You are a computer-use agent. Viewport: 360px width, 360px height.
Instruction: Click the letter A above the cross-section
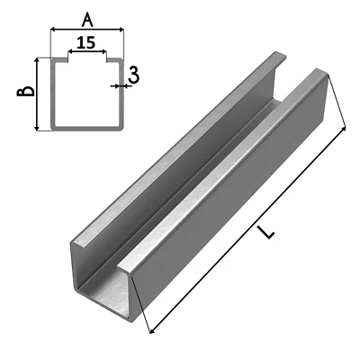(86, 17)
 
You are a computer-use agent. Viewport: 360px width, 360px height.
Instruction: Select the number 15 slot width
(87, 42)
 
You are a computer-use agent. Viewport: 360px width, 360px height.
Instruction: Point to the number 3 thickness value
(133, 76)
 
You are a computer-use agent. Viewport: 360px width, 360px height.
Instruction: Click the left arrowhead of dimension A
(52, 30)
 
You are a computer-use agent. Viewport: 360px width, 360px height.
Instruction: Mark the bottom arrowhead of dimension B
(37, 129)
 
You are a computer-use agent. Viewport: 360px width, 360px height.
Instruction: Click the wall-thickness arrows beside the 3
(119, 86)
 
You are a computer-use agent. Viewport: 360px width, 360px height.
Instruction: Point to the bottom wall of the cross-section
(86, 128)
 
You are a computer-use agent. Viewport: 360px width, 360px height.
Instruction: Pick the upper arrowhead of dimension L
(345, 131)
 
